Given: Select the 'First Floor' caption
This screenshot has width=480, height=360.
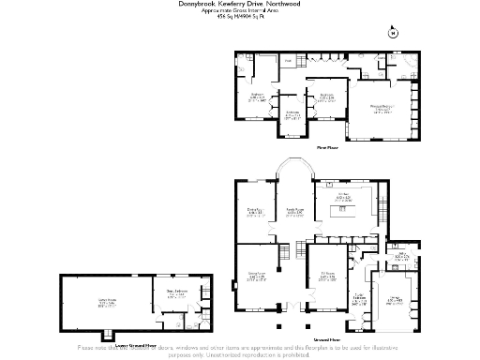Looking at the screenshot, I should (326, 147).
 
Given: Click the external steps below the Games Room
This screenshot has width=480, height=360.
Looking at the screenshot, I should (111, 334).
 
